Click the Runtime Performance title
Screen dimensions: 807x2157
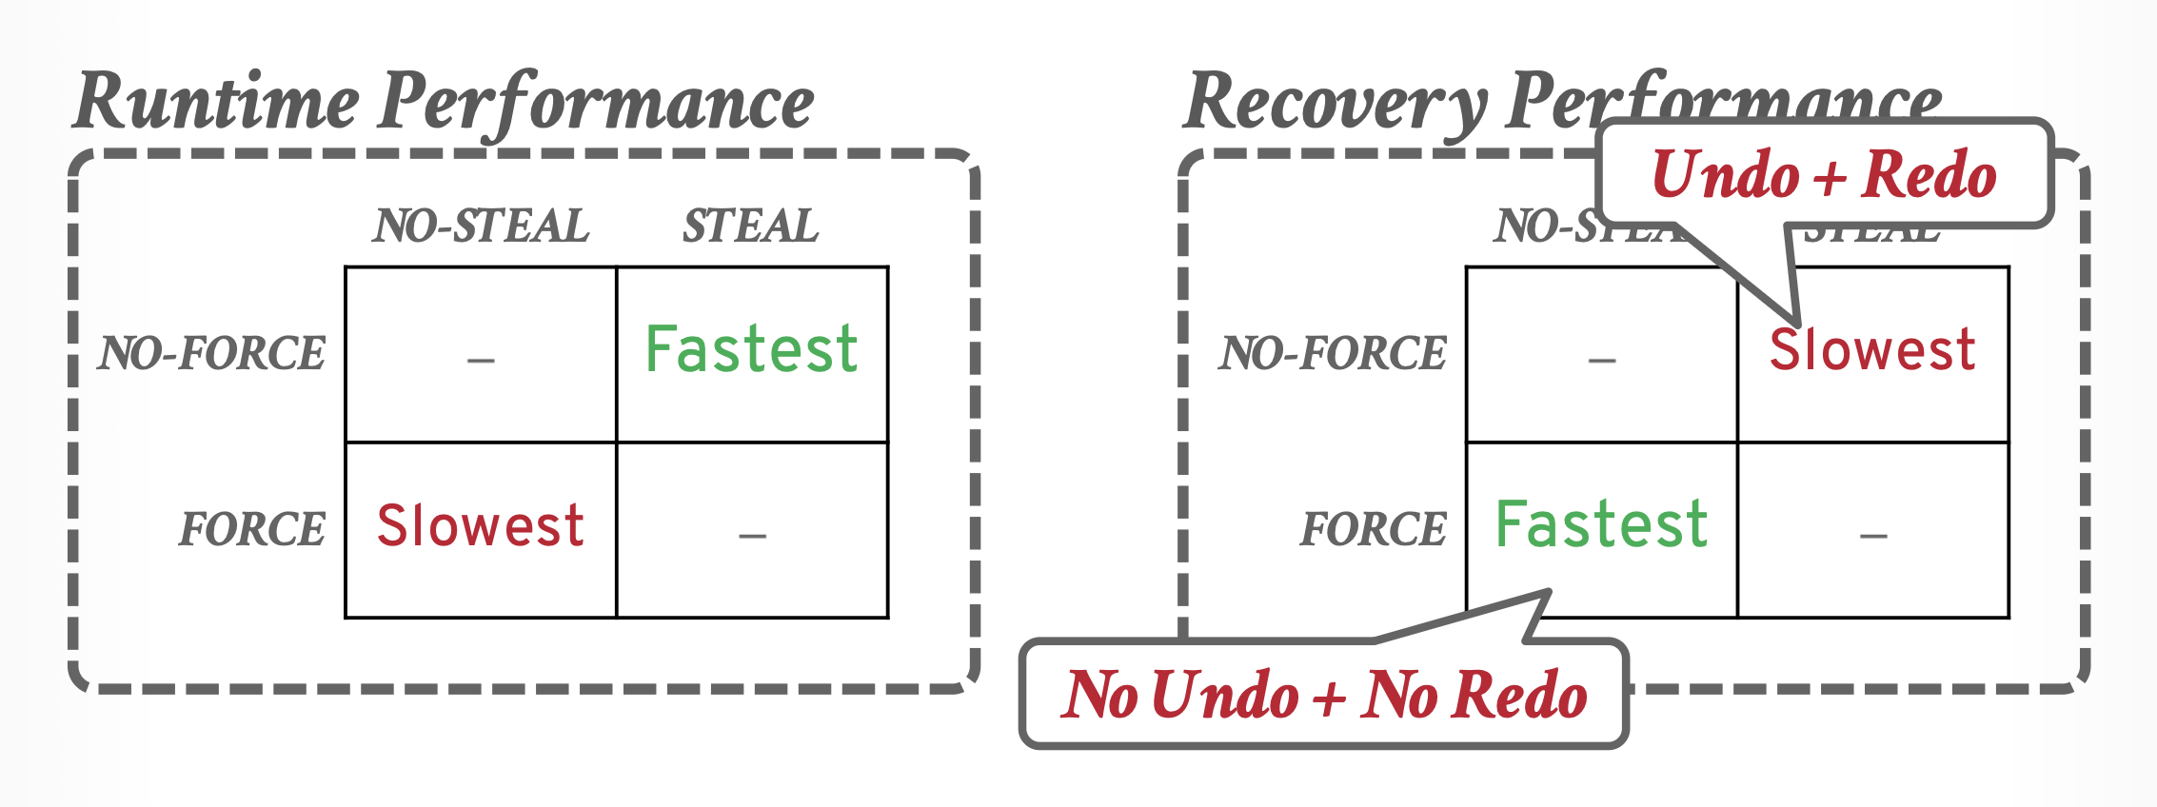(x=444, y=103)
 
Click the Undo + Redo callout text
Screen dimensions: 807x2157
(x=1824, y=175)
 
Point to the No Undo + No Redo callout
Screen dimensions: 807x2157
(x=1324, y=694)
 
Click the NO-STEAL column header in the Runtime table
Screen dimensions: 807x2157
(x=481, y=226)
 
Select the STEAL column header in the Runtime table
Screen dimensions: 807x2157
(x=751, y=226)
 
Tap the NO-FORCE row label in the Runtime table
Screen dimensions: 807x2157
(x=212, y=353)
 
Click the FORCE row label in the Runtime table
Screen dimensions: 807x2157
(x=252, y=529)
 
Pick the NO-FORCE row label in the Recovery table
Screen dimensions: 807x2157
(x=1333, y=353)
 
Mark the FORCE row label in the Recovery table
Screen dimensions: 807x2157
(x=1374, y=529)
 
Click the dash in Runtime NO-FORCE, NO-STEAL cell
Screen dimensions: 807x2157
(x=481, y=360)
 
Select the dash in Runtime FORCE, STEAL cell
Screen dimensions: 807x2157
(x=752, y=536)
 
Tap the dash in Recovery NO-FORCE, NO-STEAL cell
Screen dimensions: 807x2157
(x=1602, y=360)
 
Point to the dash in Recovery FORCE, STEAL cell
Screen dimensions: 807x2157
(x=1873, y=536)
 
